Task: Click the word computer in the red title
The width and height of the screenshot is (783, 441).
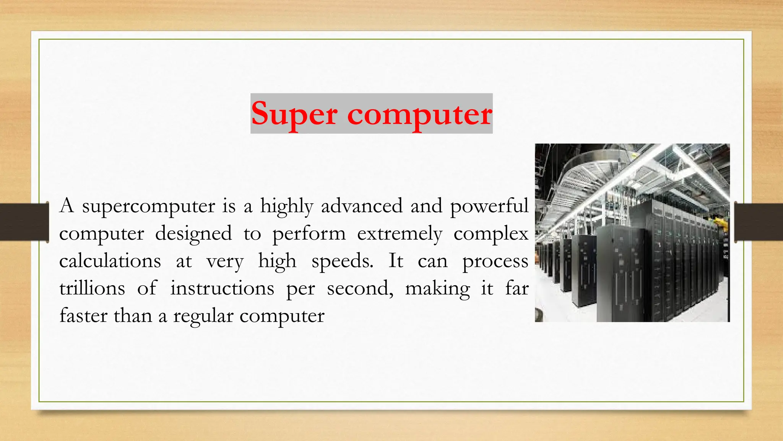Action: [419, 114]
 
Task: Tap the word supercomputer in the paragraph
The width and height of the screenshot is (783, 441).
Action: [148, 207]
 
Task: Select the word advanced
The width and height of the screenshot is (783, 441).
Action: [362, 206]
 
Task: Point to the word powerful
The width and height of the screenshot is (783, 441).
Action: [489, 207]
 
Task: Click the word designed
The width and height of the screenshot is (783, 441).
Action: [193, 234]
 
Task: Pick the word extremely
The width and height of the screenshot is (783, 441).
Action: [400, 234]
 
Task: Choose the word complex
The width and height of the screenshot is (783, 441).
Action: [491, 234]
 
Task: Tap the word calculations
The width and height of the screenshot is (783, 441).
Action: [110, 261]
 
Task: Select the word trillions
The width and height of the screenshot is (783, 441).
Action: [92, 288]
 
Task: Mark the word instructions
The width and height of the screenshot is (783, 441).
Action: [222, 288]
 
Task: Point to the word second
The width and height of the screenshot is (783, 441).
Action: [360, 288]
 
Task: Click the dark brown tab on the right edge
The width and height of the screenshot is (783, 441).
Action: [759, 222]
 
